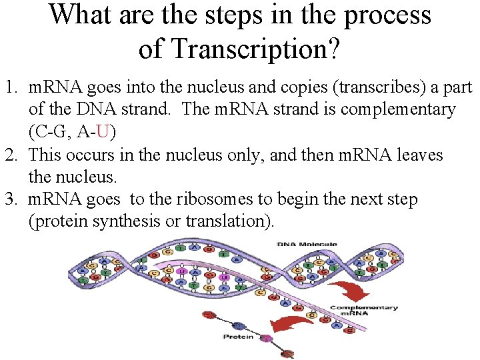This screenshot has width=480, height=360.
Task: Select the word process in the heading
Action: [387, 15]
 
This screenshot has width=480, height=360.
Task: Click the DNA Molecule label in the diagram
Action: [307, 245]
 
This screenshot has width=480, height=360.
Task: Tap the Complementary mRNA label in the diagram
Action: [364, 311]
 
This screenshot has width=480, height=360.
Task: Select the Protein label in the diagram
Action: [238, 337]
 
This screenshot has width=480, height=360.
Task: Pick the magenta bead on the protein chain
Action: [267, 338]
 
